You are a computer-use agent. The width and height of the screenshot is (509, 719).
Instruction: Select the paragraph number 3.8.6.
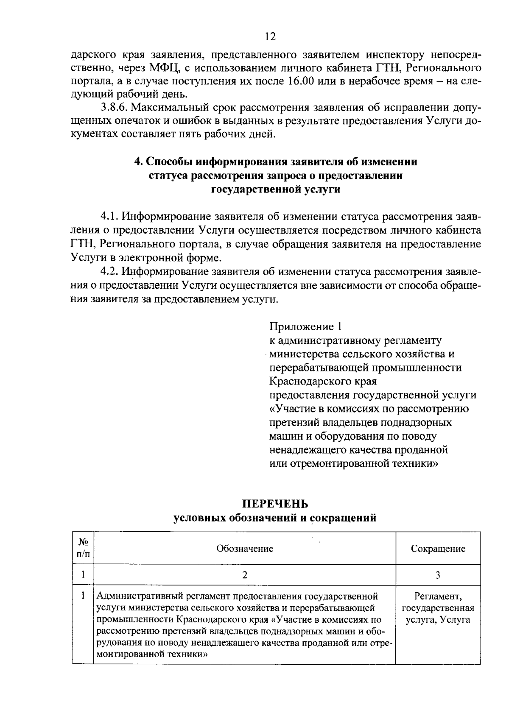[113, 108]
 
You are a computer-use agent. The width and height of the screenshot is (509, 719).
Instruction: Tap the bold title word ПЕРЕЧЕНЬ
[275, 504]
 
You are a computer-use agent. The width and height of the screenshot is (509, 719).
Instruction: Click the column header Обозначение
[245, 549]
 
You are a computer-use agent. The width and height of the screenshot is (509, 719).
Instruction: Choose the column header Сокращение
[438, 549]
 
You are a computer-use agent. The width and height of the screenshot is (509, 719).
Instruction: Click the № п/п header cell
[83, 548]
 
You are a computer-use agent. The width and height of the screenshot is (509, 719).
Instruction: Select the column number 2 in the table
[245, 575]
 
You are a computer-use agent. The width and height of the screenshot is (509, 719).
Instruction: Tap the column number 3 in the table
[438, 575]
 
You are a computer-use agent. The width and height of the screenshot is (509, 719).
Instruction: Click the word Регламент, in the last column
[438, 597]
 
